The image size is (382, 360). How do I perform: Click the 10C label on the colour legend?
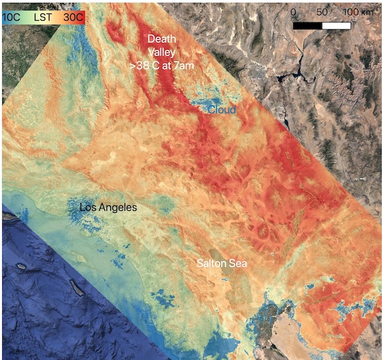tap(11, 18)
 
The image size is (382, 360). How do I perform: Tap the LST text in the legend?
tap(43, 18)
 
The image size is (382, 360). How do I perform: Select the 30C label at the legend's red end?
tap(73, 18)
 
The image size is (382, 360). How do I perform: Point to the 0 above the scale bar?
tap(294, 12)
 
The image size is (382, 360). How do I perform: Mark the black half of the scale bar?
tap(307, 25)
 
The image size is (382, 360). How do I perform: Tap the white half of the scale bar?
tap(337, 25)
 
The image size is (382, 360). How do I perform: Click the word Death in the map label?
tap(162, 38)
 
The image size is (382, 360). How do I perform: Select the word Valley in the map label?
tap(162, 52)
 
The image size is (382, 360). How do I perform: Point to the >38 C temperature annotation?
tap(147, 66)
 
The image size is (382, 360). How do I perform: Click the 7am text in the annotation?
tap(183, 66)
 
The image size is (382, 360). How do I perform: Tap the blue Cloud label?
tap(221, 110)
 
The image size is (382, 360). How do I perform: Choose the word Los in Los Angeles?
tap(89, 208)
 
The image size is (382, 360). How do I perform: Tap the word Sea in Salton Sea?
tap(239, 264)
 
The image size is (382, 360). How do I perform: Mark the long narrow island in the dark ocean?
tap(75, 286)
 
